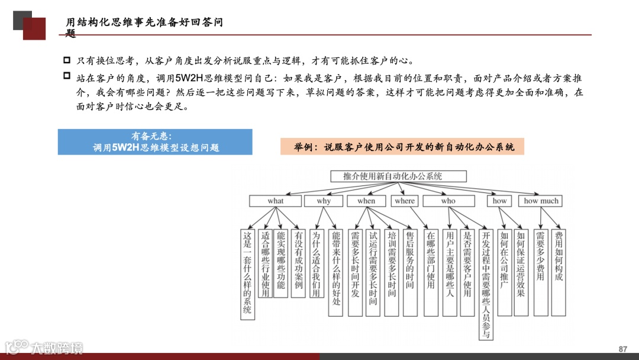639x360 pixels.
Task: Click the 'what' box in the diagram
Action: [275, 201]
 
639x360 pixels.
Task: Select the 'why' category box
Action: [324, 201]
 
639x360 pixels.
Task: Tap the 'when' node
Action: [366, 201]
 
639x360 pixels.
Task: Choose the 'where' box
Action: [405, 201]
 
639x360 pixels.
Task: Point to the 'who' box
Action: [448, 201]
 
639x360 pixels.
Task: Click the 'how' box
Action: [500, 201]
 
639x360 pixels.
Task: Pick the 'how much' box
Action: [541, 201]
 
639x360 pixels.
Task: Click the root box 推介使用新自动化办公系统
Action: [398, 176]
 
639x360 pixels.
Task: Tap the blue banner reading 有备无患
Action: [155, 142]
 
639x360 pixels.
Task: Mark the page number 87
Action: [622, 349]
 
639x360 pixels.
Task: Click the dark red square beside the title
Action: [34, 28]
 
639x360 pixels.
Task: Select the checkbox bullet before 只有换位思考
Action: [67, 60]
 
